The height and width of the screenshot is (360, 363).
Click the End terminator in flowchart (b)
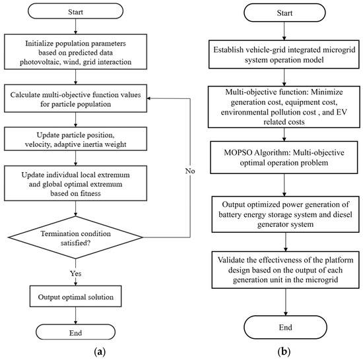click(x=285, y=327)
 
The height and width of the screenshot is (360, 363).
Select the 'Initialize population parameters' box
click(x=75, y=52)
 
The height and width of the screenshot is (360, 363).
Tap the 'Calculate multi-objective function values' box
click(x=75, y=98)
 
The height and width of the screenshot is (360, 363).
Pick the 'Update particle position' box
click(x=75, y=139)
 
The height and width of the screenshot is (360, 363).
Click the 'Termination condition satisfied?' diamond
click(x=75, y=237)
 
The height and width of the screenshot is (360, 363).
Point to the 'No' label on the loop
click(x=190, y=171)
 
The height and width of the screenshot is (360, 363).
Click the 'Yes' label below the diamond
click(x=75, y=274)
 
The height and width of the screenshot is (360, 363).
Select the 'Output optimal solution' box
click(x=75, y=297)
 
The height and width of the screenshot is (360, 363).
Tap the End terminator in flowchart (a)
click(x=75, y=332)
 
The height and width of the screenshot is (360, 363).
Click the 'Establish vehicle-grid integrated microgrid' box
click(x=284, y=54)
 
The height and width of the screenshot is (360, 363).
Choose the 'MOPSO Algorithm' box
click(x=284, y=158)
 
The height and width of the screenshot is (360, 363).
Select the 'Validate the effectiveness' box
click(x=285, y=270)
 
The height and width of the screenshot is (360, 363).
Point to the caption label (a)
click(x=100, y=352)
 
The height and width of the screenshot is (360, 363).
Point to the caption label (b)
click(x=284, y=352)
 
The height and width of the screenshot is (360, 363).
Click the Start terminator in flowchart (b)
click(x=284, y=13)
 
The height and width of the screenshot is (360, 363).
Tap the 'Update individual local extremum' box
click(x=75, y=183)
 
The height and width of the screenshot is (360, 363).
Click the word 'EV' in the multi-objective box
click(x=342, y=112)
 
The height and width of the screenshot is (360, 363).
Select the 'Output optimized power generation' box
click(x=285, y=214)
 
